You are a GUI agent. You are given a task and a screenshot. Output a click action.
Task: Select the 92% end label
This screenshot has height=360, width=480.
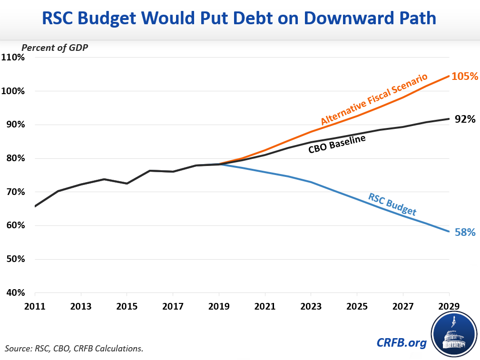(465, 119)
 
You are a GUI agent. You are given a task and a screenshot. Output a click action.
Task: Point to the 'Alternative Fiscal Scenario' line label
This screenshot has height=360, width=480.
(374, 99)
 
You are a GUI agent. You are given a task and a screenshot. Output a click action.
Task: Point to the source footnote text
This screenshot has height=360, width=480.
(74, 349)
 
